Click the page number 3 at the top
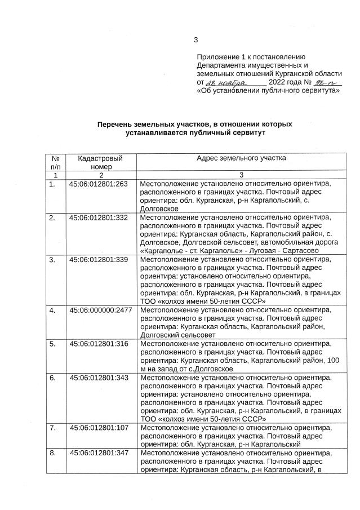195,39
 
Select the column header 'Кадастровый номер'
100,162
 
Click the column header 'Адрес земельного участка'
241,158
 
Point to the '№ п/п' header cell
55,162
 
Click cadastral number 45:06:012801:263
99,184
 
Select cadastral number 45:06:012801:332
99,217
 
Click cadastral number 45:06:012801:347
99,453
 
